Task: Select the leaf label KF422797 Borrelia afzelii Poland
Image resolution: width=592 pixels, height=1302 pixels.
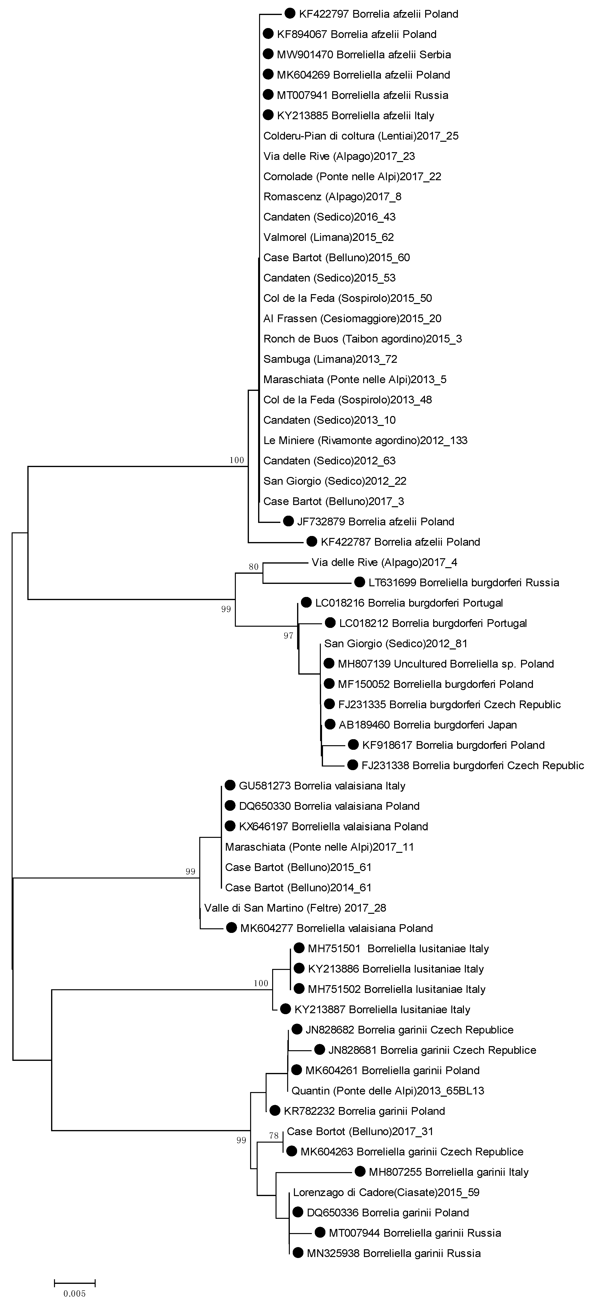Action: pos(378,14)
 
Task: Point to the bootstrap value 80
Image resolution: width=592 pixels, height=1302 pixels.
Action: pos(254,567)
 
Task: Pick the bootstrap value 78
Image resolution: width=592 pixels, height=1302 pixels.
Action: pos(274,1136)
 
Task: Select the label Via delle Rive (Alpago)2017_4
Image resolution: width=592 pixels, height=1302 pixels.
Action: pos(384,562)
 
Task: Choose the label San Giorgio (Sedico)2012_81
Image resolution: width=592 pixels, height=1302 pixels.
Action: pos(396,643)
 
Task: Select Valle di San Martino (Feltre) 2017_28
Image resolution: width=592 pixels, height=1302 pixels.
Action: pos(295,908)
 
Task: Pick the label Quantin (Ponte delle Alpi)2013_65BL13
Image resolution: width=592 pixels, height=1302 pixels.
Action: pos(388,1091)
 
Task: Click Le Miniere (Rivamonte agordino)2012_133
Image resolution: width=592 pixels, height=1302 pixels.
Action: pos(365,440)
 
